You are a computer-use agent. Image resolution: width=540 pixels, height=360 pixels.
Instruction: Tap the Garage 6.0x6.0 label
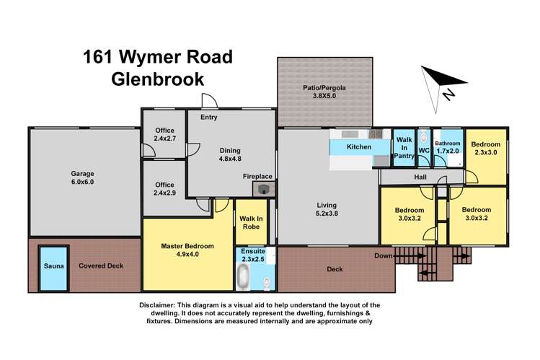pyautogui.click(x=82, y=178)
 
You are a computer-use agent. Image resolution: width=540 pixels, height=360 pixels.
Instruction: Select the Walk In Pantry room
pyautogui.click(x=404, y=146)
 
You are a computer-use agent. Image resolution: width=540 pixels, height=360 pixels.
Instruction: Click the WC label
pyautogui.click(x=424, y=151)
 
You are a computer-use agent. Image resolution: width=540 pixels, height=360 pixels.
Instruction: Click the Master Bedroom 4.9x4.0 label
pyautogui.click(x=187, y=250)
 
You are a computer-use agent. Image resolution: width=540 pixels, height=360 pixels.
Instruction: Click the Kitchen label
pyautogui.click(x=359, y=147)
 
